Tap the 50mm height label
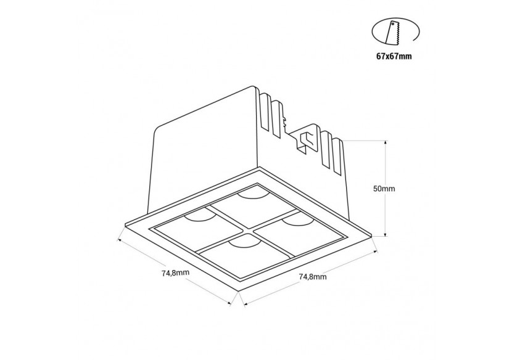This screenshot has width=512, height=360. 384,189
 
